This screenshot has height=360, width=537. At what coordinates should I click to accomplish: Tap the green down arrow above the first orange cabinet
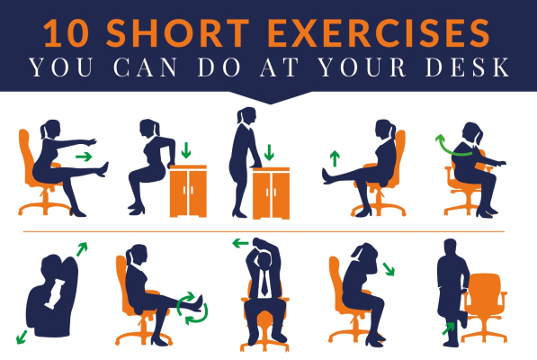187,148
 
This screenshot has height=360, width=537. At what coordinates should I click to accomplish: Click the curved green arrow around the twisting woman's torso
460,149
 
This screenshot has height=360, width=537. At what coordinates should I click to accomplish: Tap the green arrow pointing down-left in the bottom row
21,335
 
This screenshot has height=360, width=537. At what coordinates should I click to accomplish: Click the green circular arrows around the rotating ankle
191,305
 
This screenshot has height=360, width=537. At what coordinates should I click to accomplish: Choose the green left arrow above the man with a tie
240,243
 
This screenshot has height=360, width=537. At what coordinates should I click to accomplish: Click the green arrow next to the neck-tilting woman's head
388,268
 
